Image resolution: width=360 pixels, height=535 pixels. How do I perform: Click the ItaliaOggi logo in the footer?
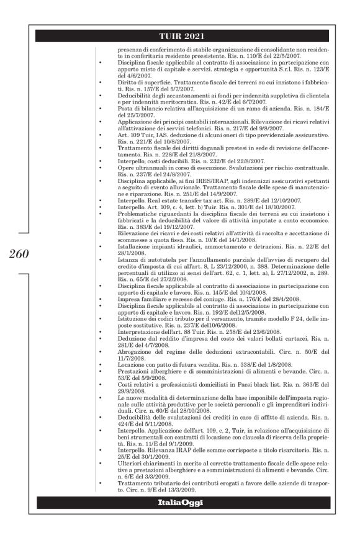click(x=184, y=501)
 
